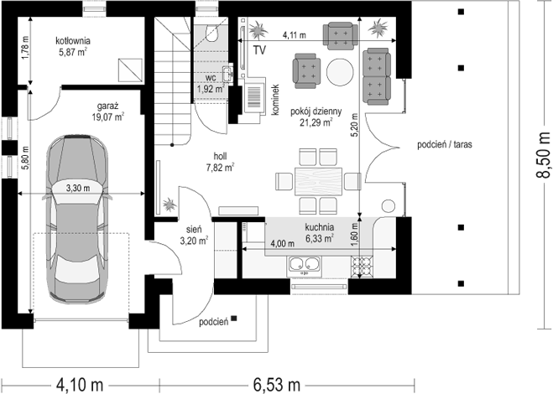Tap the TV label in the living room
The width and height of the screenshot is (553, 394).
point(259,50)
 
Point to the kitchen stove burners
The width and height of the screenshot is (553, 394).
point(362,267)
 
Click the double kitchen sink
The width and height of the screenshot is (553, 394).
point(305,265)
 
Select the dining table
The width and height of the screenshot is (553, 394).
point(319,182)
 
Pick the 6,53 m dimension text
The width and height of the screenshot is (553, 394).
point(276,385)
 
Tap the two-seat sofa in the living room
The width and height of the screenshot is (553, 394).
point(376,76)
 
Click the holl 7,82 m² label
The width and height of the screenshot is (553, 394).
point(220,162)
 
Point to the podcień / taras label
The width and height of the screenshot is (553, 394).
point(445,144)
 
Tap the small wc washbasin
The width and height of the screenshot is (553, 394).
point(228,73)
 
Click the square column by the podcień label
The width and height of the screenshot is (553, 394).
point(234,319)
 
